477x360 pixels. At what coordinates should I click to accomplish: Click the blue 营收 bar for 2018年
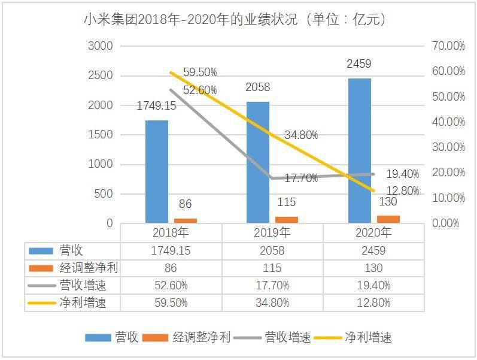click(x=156, y=171)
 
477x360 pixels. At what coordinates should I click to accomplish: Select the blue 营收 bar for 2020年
click(x=359, y=150)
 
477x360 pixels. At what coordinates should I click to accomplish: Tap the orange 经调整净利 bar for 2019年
click(x=287, y=219)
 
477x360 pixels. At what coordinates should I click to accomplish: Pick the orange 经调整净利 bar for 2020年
click(x=388, y=219)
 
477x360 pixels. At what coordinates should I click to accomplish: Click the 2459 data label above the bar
click(x=359, y=64)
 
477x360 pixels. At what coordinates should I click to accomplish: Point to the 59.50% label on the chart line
click(x=200, y=72)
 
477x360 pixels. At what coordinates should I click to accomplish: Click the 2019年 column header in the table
click(x=272, y=232)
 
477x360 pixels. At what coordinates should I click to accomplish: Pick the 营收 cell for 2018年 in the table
click(x=171, y=250)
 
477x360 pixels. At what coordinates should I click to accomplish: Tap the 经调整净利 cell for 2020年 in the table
click(x=373, y=268)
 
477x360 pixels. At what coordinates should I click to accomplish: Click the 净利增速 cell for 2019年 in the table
click(x=272, y=302)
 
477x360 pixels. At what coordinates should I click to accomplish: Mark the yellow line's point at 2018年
click(x=171, y=72)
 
